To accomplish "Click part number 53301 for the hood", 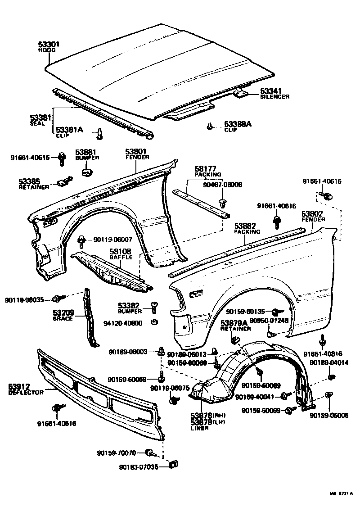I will pos(49,45).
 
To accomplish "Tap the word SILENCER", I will pos(274,97).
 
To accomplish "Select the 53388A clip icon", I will pos(210,127).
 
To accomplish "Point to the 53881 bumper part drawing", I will pos(85,172).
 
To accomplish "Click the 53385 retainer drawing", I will pos(63,181).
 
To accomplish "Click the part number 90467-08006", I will pos(222,185).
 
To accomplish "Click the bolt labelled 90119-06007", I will pos(82,241).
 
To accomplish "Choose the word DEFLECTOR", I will pos(26,393).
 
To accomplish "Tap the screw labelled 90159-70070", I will pos(151,452).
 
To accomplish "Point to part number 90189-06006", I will pos(328,415).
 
